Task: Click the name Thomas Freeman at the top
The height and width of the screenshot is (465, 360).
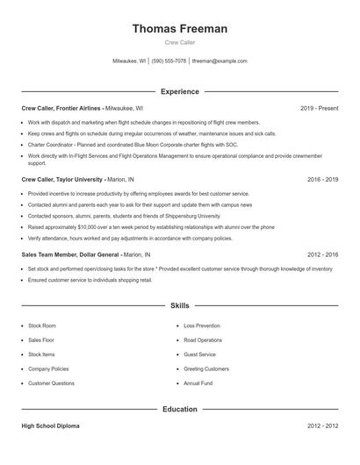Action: coord(180,29)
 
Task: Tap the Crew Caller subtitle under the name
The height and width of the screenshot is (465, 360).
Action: coord(180,42)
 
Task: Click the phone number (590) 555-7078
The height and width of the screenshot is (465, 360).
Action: coord(169,61)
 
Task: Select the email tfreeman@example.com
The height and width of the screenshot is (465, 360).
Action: coord(220,61)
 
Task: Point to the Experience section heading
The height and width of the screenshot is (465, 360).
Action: coord(180,91)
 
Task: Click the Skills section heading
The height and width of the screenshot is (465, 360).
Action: coord(180,306)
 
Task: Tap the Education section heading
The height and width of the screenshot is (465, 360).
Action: coord(180,409)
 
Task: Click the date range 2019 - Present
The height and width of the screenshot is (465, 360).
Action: coord(319,108)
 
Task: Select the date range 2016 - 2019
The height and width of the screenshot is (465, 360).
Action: coord(322,178)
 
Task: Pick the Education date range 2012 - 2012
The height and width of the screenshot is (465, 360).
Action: coord(322,426)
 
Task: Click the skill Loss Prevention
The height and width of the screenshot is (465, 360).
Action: coord(202,325)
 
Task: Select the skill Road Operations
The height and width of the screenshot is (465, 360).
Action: coord(203,340)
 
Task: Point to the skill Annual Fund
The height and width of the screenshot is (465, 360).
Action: coord(198,383)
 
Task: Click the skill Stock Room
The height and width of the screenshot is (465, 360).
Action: coord(42,325)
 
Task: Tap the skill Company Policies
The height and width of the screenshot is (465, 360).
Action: coord(48,368)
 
